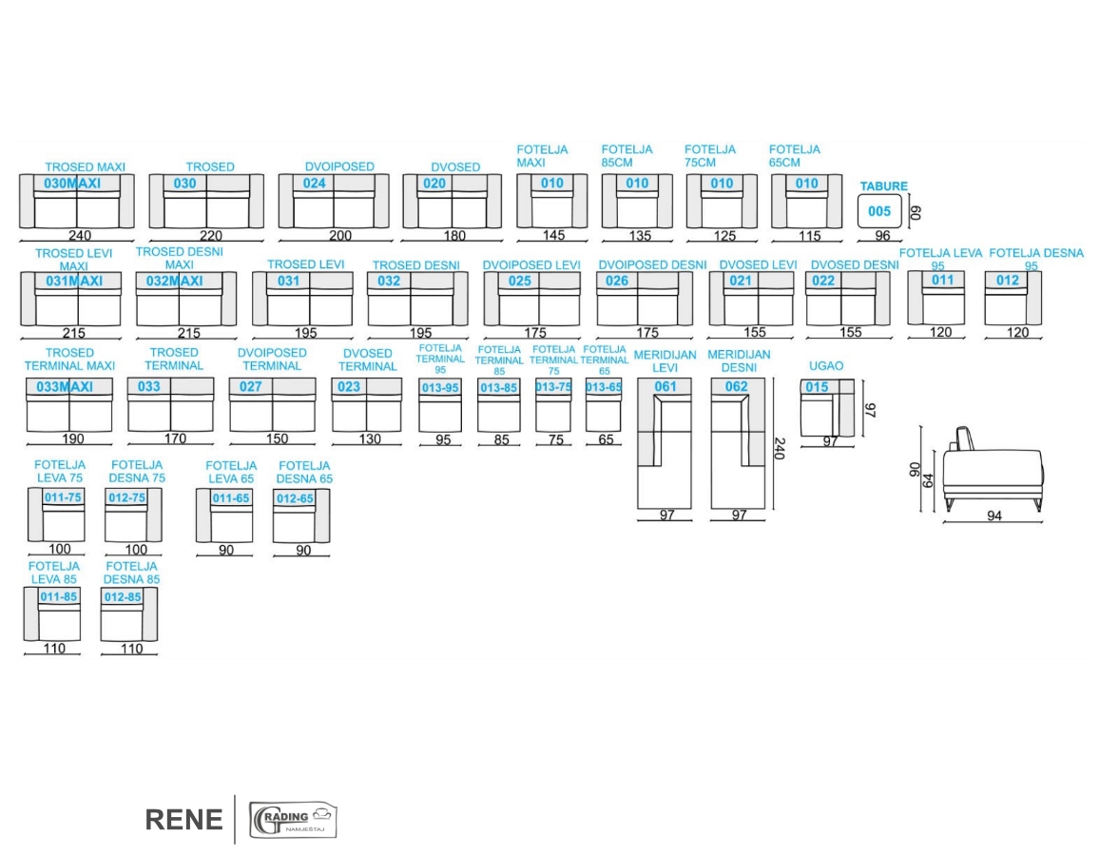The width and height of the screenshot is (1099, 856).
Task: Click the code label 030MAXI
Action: (72, 184)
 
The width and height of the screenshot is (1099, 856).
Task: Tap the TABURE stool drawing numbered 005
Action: (880, 211)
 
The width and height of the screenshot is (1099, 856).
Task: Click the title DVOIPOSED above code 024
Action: (339, 166)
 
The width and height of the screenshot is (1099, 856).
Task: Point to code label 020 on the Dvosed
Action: (434, 184)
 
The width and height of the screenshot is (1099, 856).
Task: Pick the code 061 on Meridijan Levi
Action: (665, 387)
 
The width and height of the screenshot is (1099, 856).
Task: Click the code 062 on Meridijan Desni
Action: (737, 387)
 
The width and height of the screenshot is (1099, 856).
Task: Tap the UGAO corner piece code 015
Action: (817, 387)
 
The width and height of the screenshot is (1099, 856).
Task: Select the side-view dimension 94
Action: (994, 516)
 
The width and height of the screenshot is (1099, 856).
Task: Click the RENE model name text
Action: (184, 820)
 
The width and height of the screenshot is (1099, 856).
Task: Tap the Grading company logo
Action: (293, 820)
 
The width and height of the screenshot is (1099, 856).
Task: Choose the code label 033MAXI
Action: (65, 387)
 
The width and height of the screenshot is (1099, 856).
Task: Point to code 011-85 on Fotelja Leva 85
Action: (57, 597)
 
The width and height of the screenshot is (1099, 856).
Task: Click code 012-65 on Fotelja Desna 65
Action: (295, 498)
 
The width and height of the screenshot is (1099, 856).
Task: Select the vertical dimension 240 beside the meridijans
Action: (780, 449)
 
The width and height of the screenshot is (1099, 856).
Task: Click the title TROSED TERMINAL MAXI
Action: (69, 360)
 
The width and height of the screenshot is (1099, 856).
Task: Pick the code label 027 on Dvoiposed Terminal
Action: (250, 387)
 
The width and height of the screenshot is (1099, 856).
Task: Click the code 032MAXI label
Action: (175, 281)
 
